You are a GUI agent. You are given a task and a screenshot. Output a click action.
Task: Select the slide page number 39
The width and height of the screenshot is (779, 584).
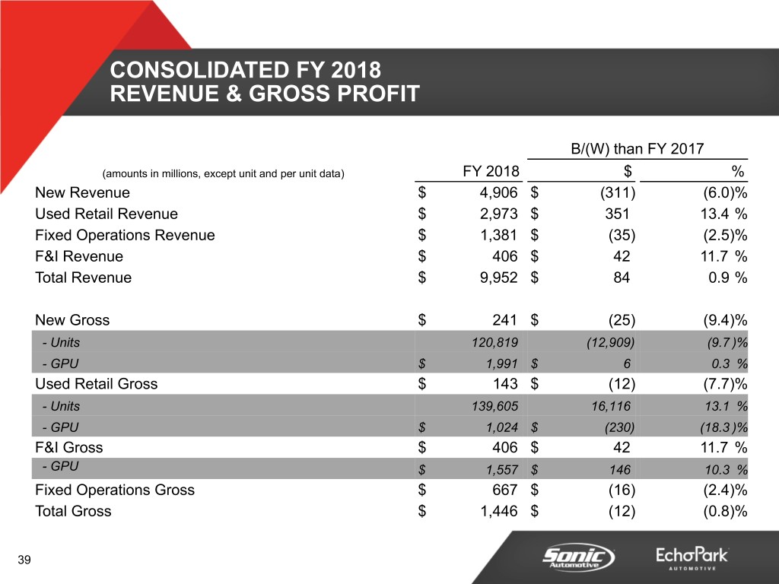[x=24, y=561]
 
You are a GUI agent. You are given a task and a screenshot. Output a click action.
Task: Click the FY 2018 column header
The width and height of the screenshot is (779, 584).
[x=491, y=171]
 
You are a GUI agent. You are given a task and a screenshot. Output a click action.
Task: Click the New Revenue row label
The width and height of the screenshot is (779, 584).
[x=82, y=193]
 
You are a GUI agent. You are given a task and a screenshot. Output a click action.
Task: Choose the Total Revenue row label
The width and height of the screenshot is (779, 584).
[x=83, y=278]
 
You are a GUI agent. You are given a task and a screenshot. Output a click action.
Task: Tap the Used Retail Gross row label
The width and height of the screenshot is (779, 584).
[x=96, y=384]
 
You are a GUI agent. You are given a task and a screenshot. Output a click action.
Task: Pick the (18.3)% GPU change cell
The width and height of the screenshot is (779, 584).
[x=722, y=427]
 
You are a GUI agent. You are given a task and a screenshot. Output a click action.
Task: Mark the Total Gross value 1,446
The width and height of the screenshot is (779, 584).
[x=499, y=512]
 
